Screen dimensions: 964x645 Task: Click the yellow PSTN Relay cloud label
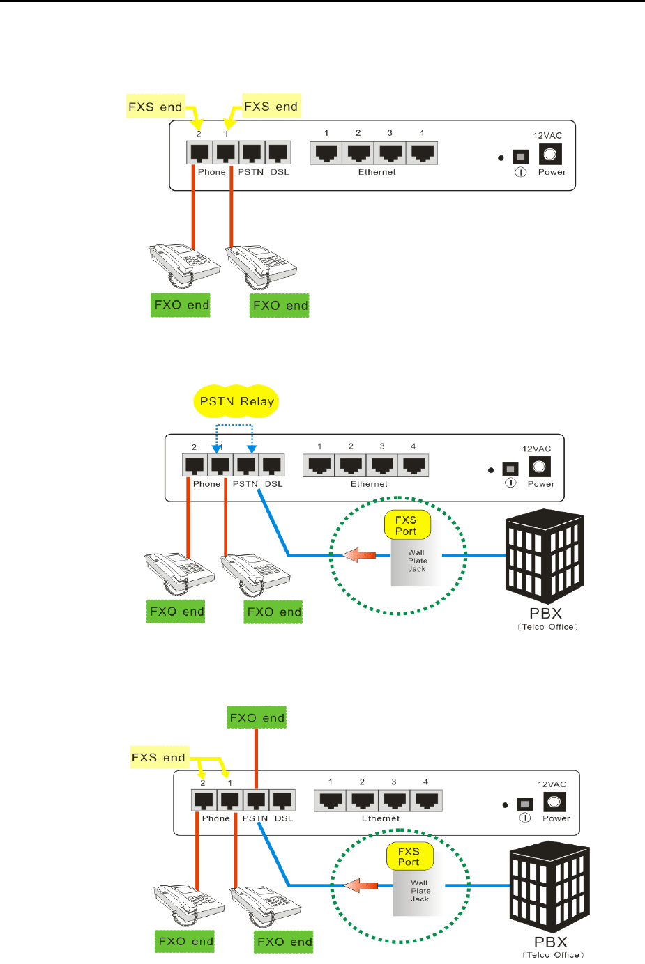[236, 401]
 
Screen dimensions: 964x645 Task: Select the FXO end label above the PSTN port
[257, 717]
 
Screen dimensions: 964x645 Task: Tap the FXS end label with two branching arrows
[158, 757]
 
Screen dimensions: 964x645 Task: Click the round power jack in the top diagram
[550, 154]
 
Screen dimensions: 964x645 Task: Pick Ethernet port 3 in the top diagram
[390, 153]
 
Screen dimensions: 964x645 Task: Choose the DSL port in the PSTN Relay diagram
[273, 465]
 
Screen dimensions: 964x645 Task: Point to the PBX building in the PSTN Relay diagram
[545, 557]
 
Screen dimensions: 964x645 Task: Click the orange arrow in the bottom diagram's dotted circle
[361, 885]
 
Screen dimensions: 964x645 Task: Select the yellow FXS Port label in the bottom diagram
[409, 857]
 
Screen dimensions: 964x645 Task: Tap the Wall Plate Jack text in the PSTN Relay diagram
[417, 561]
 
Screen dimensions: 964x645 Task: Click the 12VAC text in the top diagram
[547, 136]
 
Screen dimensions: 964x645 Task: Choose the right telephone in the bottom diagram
[265, 906]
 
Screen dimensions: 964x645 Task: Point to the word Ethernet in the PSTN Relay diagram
[369, 484]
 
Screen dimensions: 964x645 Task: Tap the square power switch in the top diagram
[520, 157]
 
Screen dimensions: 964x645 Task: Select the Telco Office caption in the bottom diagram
[553, 955]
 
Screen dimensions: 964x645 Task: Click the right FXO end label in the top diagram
[280, 305]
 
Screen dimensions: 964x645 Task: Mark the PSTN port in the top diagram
[251, 153]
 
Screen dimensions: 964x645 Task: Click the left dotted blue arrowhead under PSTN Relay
[217, 449]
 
